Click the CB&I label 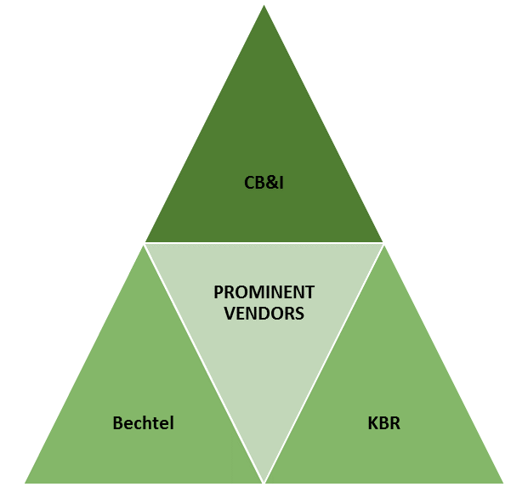[264, 180]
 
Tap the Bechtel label [143, 422]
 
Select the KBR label [385, 422]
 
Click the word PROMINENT [264, 292]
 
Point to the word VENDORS [264, 313]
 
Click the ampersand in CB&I [265, 180]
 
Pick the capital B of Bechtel [118, 422]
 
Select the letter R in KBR [395, 422]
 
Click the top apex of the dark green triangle [264, 4]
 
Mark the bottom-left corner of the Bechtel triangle [24, 483]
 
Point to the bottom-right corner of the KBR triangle [504, 483]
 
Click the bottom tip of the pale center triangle [264, 481]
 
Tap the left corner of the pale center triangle [145, 244]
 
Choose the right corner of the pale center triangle [383, 244]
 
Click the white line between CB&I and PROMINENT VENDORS [264, 242]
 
